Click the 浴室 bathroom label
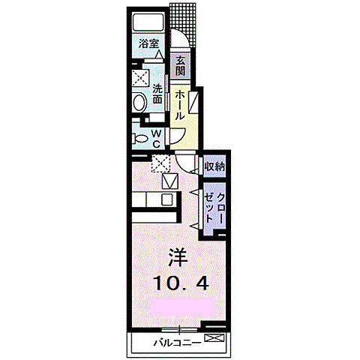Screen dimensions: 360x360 click(148, 43)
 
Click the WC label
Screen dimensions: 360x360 click(157, 138)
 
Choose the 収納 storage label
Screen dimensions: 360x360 click(216, 166)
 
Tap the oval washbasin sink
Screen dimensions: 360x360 click(139, 102)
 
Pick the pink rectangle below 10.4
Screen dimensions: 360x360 click(181, 306)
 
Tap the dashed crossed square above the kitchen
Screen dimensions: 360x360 click(159, 163)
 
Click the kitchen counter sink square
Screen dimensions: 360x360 click(167, 200)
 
